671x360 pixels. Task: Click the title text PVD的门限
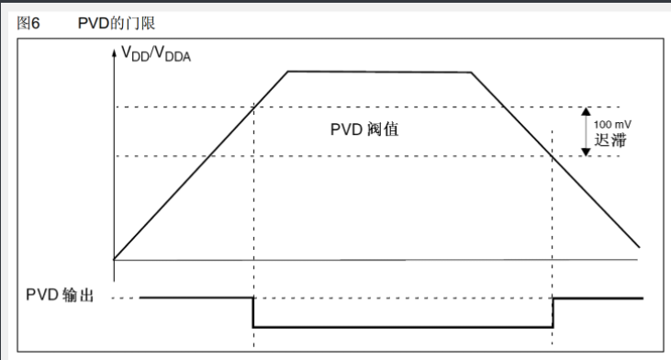[117, 21]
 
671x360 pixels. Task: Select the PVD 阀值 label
[364, 129]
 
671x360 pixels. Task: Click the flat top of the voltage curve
[379, 72]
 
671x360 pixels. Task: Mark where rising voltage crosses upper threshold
[252, 107]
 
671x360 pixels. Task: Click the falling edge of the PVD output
[252, 312]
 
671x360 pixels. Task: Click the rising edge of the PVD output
[554, 312]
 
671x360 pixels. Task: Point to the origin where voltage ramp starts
[114, 259]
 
